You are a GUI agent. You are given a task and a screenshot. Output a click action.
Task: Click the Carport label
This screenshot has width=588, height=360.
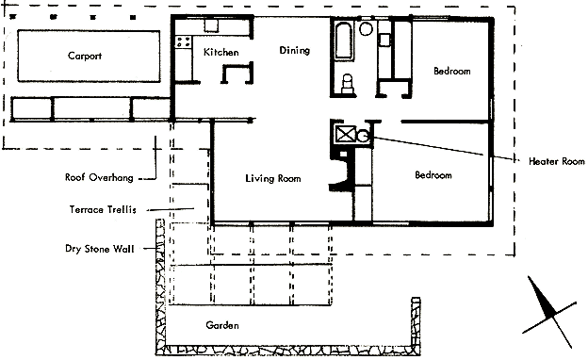[85, 56]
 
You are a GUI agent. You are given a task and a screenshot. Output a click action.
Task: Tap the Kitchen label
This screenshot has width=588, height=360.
[221, 52]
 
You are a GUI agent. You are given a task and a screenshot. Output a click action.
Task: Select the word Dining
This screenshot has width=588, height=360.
[295, 50]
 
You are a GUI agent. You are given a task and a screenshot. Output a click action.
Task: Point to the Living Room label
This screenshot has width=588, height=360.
[273, 178]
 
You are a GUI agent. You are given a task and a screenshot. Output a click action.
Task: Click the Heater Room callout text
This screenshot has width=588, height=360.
[557, 161]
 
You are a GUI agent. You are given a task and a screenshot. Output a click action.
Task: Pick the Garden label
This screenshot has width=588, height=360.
[222, 325]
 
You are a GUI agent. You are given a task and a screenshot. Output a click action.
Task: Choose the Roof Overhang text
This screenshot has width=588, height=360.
[99, 177]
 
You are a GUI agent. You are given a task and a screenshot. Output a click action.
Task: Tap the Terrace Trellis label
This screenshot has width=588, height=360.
[103, 209]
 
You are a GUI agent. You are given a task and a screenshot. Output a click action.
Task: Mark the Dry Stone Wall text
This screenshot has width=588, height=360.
[99, 249]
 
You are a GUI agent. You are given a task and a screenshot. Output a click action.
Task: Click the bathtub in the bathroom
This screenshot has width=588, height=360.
[344, 41]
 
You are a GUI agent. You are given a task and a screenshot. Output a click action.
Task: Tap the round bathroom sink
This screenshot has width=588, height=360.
[366, 28]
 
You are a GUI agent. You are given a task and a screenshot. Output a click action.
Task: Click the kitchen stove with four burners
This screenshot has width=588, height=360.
[184, 41]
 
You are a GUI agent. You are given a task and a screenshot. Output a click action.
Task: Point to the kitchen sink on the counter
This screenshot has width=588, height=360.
[211, 25]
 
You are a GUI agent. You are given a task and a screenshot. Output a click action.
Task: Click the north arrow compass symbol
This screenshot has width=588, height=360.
[549, 312]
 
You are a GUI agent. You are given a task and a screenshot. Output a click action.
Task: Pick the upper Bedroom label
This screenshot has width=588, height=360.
[452, 71]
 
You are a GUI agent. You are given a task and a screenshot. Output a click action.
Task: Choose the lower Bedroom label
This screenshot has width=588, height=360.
[433, 174]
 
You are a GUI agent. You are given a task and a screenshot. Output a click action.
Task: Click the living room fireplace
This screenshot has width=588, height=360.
[342, 171]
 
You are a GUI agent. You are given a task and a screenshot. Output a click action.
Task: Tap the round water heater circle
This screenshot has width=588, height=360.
[363, 136]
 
